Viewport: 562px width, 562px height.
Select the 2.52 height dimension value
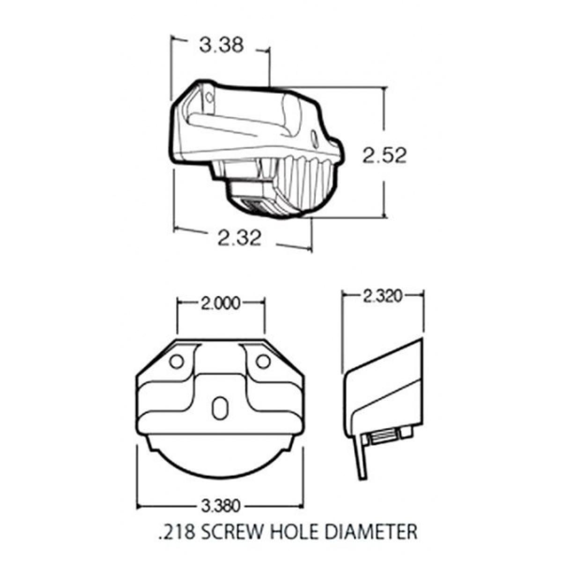coord(384,155)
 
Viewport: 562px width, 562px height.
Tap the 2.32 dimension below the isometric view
coord(239,238)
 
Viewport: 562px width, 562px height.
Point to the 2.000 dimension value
coord(220,303)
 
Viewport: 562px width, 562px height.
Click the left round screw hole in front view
coord(177,361)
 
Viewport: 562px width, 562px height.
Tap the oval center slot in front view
coord(219,406)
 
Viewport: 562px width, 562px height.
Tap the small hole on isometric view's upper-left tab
coord(209,97)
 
